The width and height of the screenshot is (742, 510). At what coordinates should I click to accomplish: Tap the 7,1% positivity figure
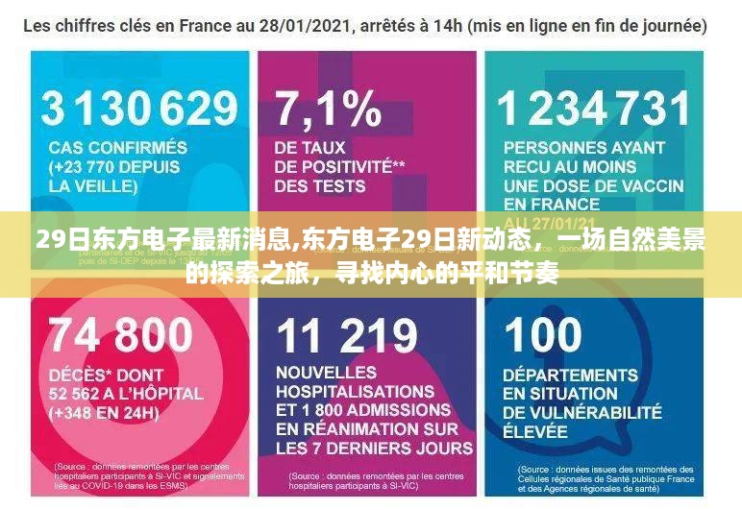[x=328, y=108]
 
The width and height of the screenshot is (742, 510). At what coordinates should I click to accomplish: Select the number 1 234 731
[x=594, y=108]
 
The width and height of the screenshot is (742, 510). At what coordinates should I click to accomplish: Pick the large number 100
[x=543, y=335]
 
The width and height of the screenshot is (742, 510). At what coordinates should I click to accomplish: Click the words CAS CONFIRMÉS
[x=118, y=148]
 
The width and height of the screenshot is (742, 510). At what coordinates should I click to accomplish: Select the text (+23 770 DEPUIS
[x=114, y=167]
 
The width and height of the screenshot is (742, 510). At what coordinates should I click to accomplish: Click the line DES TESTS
[x=319, y=186]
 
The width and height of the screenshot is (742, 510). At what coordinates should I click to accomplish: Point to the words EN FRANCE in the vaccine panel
[x=552, y=205]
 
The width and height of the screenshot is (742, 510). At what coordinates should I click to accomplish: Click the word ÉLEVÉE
[x=534, y=431]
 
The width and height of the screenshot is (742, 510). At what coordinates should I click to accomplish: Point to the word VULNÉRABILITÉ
[x=582, y=412]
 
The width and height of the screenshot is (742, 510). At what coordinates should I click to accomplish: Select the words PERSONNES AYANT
[x=583, y=148]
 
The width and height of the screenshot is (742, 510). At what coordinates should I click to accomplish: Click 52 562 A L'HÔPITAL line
[x=126, y=393]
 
